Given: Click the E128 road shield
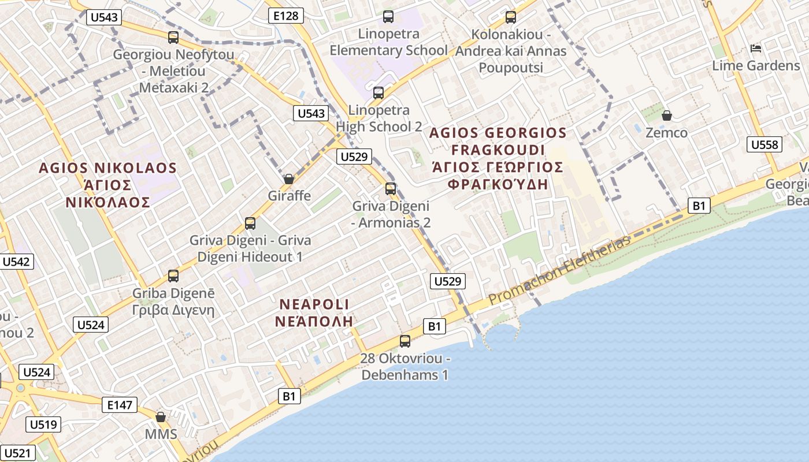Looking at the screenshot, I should tap(286, 16).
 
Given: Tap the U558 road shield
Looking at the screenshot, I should tap(765, 144).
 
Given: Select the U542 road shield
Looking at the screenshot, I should tap(16, 262).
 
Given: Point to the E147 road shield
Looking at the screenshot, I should tap(120, 405).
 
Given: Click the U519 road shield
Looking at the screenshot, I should tap(43, 425).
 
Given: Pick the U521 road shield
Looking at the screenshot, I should tap(18, 453).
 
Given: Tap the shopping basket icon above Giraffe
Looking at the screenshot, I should tap(288, 179).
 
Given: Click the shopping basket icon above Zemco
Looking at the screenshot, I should tap(666, 115).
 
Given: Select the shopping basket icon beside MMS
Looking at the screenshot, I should tap(161, 417).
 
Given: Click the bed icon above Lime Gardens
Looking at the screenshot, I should tap(755, 48).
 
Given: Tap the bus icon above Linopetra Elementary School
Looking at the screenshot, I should tap(388, 17).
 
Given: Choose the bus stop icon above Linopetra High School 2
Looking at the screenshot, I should tap(378, 92).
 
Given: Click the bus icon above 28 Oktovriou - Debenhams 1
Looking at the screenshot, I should tap(405, 341).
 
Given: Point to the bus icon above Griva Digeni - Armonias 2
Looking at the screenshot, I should tap(391, 188).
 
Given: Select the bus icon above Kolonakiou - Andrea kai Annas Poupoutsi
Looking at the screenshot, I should tap(510, 17).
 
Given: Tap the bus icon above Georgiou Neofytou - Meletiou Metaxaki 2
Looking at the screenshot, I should tap(173, 38).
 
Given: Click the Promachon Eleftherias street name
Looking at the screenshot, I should tap(559, 271).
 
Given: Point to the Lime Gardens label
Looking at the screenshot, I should tap(755, 65).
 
